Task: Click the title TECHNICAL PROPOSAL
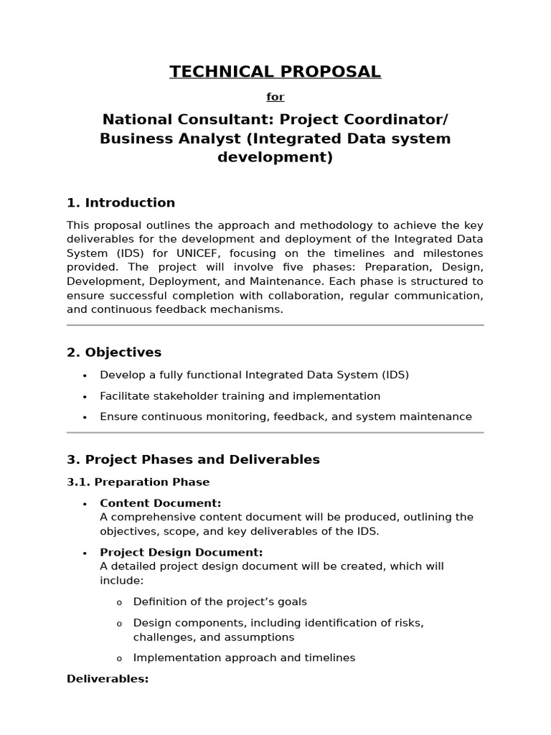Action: pos(275,72)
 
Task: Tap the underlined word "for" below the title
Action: pos(275,97)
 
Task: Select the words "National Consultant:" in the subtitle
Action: pos(187,118)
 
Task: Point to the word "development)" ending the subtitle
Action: pos(275,157)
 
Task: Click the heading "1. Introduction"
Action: pos(121,203)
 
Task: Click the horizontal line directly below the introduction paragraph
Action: pos(275,325)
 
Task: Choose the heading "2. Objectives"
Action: pos(114,352)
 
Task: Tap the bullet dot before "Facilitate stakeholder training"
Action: pos(85,397)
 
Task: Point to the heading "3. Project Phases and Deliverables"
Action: pos(193,459)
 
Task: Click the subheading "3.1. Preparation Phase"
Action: pos(138,482)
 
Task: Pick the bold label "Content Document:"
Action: pos(160,503)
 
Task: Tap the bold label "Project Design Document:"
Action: pos(181,553)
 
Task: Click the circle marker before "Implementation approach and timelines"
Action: pos(119,658)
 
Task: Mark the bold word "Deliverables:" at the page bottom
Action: pos(108,679)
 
